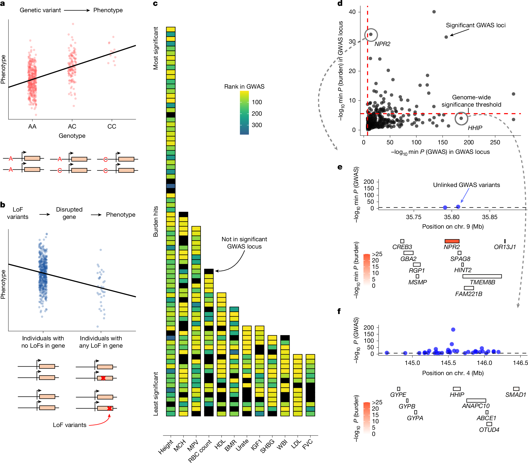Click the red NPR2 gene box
click(x=452, y=241)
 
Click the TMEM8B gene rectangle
click(x=482, y=276)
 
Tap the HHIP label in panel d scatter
click(x=475, y=128)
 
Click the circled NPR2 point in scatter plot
click(x=371, y=34)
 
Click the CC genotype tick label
click(x=112, y=126)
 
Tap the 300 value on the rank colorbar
click(x=256, y=125)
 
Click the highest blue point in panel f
click(x=453, y=329)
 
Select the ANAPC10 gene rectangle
click(x=476, y=400)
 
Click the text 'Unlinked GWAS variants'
click(x=466, y=185)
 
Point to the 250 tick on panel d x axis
click(x=495, y=142)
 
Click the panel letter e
click(x=340, y=167)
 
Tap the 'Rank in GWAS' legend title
click(x=244, y=86)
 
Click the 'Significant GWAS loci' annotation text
click(x=476, y=25)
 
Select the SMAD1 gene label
click(x=516, y=395)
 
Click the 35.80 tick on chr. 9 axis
click(x=451, y=217)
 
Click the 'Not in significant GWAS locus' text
click(x=244, y=243)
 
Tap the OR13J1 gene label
click(x=505, y=247)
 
